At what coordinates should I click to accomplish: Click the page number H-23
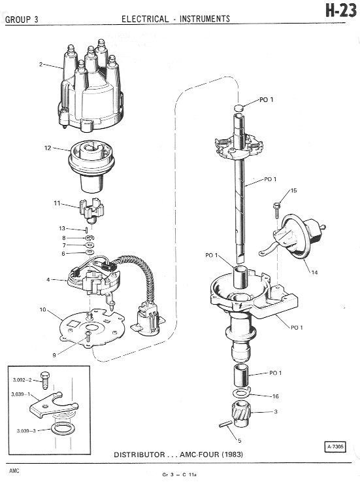tap(341, 11)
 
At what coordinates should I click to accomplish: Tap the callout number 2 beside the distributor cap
tap(41, 64)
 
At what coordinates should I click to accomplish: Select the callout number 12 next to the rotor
tap(48, 148)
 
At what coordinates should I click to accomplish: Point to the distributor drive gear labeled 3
tap(241, 414)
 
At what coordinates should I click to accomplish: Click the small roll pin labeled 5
tap(225, 424)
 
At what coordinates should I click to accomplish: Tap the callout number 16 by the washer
tap(276, 396)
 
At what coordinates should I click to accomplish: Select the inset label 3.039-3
tap(26, 431)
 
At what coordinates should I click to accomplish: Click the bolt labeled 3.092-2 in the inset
tap(45, 380)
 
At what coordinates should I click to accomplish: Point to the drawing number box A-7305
tap(335, 446)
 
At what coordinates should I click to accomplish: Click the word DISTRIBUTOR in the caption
tap(139, 455)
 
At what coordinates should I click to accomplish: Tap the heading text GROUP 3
tap(22, 20)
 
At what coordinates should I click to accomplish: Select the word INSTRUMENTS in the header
tap(205, 19)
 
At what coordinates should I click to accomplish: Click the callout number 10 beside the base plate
tap(42, 309)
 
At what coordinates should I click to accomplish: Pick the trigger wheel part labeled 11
tap(91, 209)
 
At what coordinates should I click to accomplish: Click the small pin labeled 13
tap(87, 230)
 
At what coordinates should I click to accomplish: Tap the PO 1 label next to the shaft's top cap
tap(267, 99)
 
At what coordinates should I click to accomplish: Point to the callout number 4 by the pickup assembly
tap(48, 280)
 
